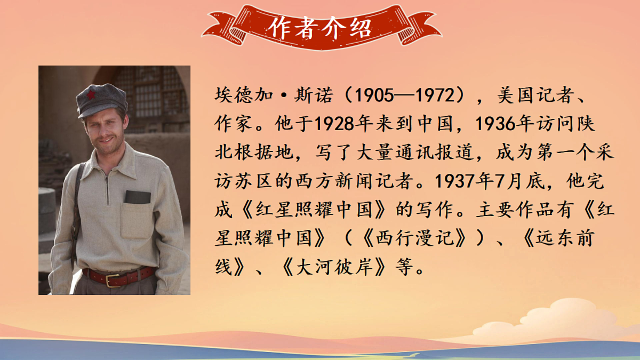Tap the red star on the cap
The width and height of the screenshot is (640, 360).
click(x=91, y=95)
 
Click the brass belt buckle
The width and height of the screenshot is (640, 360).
click(x=113, y=280)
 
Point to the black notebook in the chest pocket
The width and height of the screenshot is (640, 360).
click(x=138, y=197)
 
